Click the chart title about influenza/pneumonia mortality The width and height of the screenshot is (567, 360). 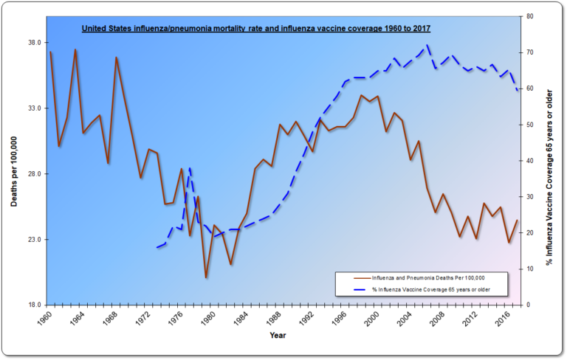(255, 29)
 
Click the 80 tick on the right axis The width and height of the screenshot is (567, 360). (530, 16)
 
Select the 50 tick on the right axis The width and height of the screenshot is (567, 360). (530, 125)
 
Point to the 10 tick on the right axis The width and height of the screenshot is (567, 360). (530, 269)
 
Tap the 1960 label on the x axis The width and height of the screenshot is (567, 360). (44, 319)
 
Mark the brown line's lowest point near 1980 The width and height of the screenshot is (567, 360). (206, 277)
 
